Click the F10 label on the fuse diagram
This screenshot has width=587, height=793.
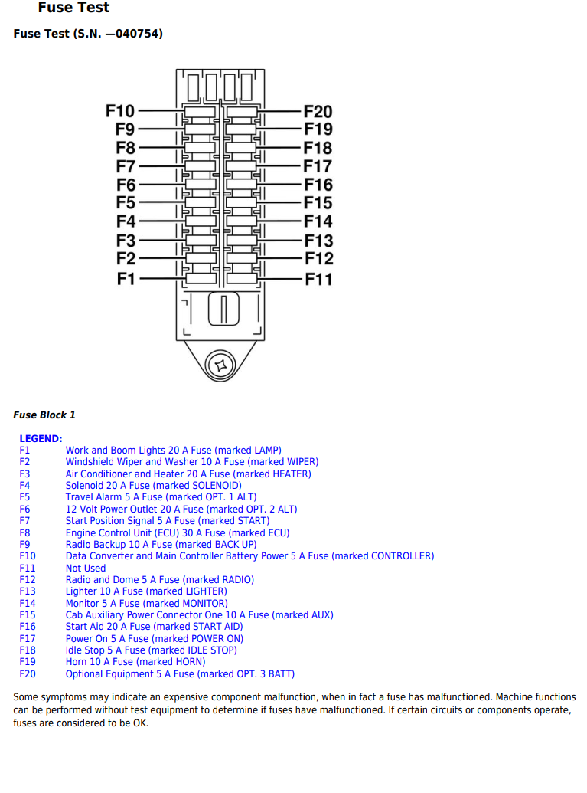[x=120, y=112]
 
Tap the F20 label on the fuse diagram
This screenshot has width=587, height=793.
[x=318, y=112]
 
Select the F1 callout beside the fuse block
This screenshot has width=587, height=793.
[x=126, y=278]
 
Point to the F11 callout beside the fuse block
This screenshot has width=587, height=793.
[x=318, y=279]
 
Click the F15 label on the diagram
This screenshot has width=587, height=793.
[x=318, y=203]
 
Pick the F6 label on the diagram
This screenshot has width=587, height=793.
[x=126, y=185]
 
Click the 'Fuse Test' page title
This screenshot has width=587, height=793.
[x=73, y=8]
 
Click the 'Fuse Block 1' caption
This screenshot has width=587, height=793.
[x=44, y=415]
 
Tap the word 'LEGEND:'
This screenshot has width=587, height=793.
[x=41, y=439]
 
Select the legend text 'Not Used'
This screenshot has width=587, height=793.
[x=86, y=569]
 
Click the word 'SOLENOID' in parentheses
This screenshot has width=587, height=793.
[x=215, y=486]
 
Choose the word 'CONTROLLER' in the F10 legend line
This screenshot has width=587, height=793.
[x=401, y=556]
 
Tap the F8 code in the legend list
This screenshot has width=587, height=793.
[x=24, y=533]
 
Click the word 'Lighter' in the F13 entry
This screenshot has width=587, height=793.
[x=82, y=591]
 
